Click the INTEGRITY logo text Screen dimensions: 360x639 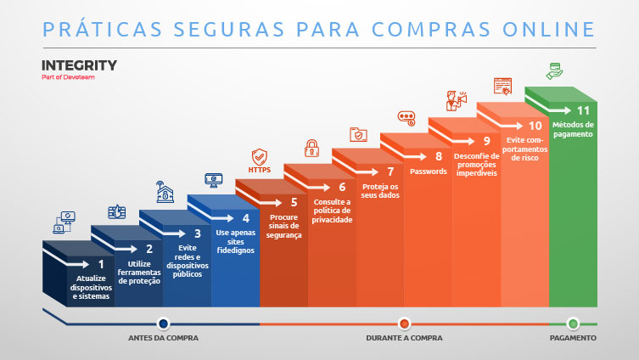(x=79, y=65)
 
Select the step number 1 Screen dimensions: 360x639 (x=100, y=264)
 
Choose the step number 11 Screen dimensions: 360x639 (x=582, y=110)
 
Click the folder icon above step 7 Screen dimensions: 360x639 (x=359, y=134)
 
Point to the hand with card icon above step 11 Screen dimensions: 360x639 (x=554, y=70)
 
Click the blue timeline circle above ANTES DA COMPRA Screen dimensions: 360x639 (x=163, y=323)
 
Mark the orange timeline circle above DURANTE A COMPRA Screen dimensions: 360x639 (x=404, y=323)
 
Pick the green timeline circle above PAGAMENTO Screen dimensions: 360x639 (x=573, y=323)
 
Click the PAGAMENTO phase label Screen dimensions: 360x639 (x=572, y=338)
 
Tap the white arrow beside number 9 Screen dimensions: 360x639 (x=466, y=141)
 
